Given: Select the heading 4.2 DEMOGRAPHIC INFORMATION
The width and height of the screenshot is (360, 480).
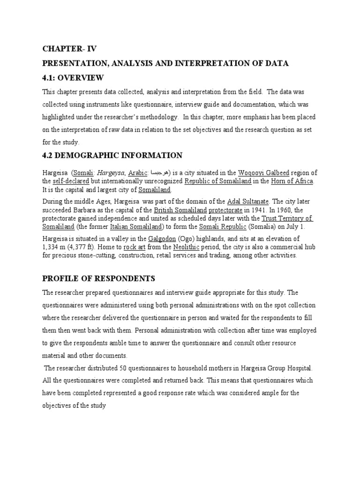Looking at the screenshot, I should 112,155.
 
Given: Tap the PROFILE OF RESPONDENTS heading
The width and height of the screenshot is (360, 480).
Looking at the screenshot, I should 98,278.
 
